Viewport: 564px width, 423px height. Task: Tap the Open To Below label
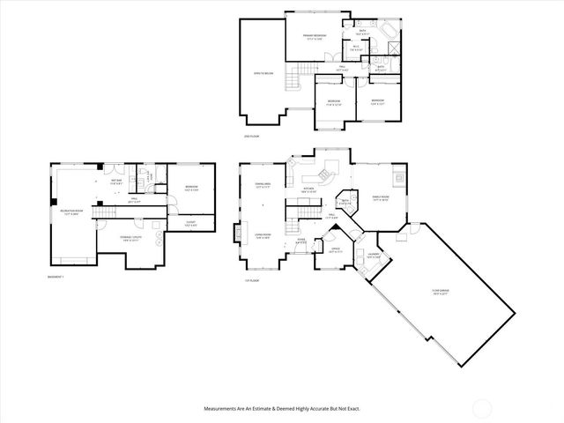[262, 74]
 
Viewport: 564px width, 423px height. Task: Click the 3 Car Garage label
[441, 294]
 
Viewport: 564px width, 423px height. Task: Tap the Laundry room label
[374, 256]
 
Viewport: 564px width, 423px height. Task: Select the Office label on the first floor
[337, 249]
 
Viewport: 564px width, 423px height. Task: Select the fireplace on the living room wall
[236, 234]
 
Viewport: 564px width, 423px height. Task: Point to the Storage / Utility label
[130, 239]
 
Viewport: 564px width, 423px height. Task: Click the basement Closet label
[190, 224]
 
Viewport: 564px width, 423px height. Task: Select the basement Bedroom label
[191, 188]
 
